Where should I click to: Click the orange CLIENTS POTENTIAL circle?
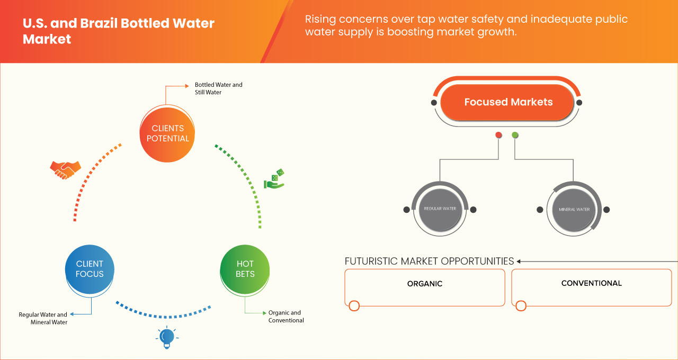tap(167, 133)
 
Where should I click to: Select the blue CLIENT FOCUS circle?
tap(90, 269)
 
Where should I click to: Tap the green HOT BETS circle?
tap(245, 269)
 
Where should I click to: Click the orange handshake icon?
tap(65, 169)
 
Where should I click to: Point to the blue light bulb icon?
tap(167, 337)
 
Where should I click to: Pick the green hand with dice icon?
tap(274, 179)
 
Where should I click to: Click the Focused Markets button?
tap(508, 102)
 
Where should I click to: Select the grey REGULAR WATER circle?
tap(440, 209)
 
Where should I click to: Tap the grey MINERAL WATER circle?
tap(574, 210)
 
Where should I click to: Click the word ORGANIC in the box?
tap(424, 284)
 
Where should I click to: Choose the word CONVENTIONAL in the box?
tap(591, 283)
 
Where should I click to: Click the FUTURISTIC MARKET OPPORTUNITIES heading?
tap(429, 261)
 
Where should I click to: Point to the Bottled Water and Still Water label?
tap(218, 88)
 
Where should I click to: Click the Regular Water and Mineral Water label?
tap(43, 318)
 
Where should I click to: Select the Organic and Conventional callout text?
tap(286, 317)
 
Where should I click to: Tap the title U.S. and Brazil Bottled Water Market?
tap(118, 31)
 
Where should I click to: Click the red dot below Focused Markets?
tap(498, 136)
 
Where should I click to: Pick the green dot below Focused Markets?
tap(515, 136)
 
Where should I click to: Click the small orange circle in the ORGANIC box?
tap(354, 305)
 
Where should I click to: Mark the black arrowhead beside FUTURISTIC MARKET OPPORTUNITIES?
tap(519, 261)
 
